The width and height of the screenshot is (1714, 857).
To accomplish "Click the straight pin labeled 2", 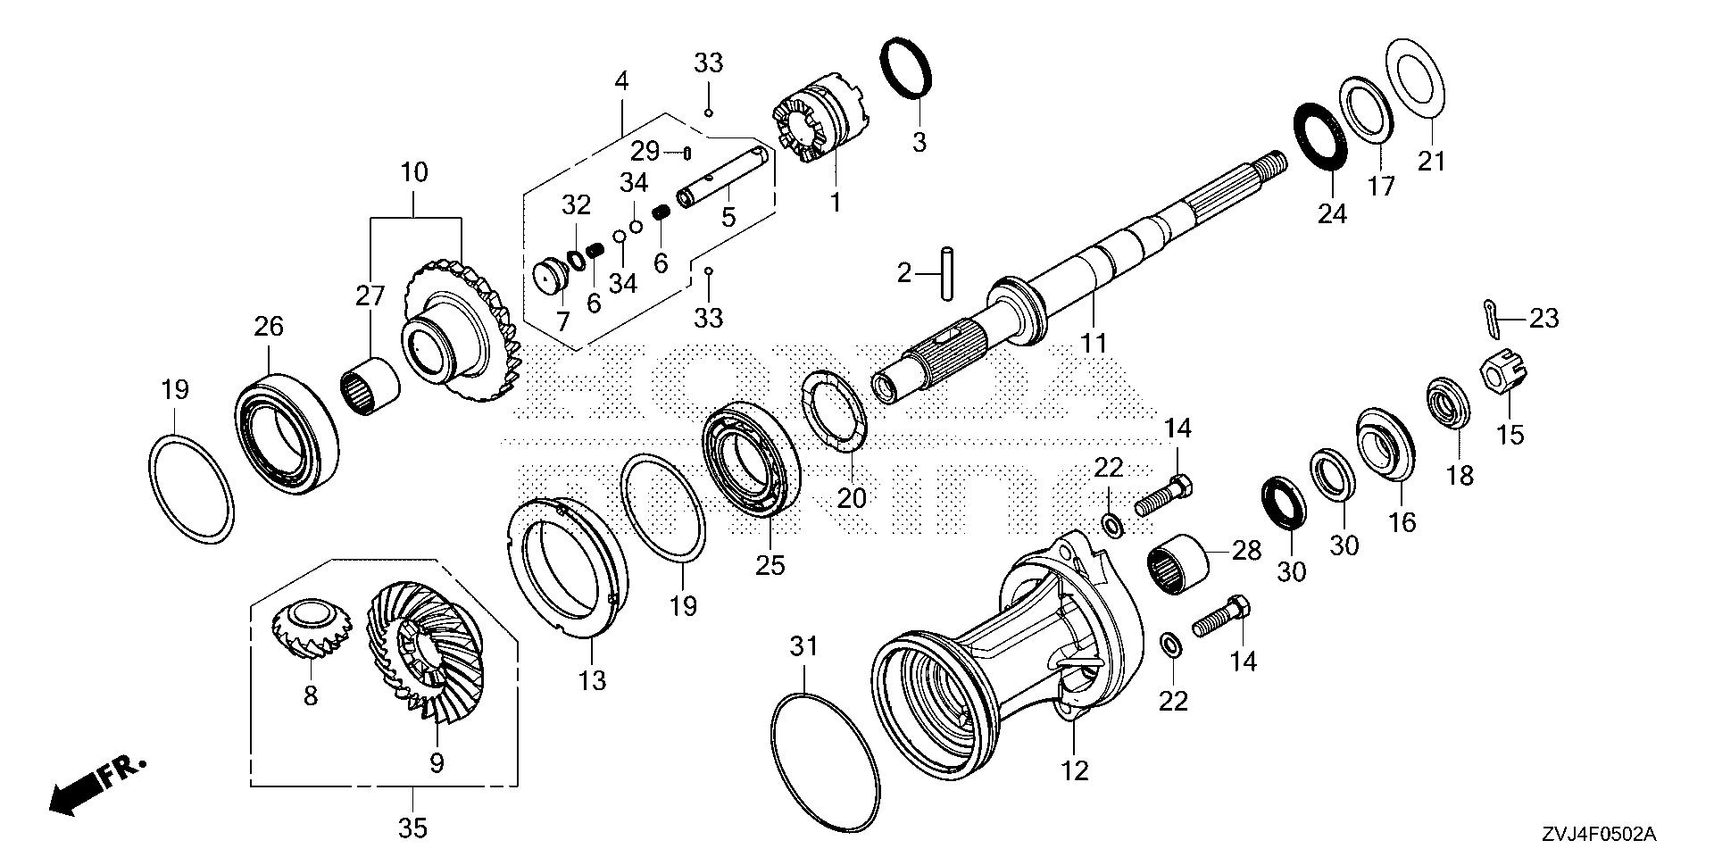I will point(945,273).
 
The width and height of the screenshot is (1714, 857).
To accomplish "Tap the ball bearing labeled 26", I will point(286,431).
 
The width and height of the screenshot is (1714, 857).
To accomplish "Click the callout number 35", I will point(412,828).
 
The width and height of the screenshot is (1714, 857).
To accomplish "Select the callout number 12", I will point(1075,770).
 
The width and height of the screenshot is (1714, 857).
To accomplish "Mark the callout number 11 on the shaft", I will point(1094,342).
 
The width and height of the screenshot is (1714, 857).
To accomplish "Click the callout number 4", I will point(621,81).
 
